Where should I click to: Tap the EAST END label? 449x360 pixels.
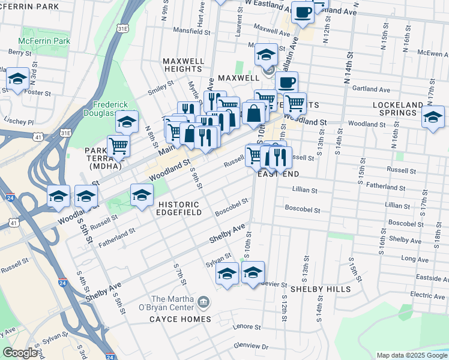278,173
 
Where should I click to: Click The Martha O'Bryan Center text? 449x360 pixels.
173,304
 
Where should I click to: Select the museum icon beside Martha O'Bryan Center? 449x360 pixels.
205,301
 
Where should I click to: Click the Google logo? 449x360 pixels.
20,352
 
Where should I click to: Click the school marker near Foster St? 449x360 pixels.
18,79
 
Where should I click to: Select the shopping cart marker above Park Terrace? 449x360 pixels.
119,145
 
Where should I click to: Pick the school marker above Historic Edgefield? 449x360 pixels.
142,196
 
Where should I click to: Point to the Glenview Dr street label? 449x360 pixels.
251,346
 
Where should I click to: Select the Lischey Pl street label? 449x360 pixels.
19,104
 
